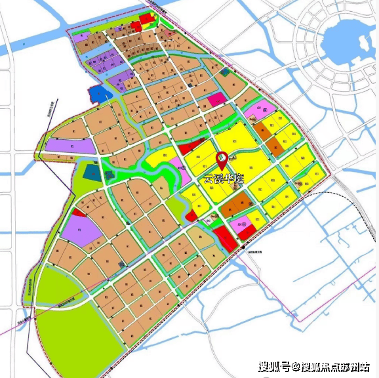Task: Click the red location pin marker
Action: click(x=222, y=161)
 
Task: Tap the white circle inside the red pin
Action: click(x=222, y=158)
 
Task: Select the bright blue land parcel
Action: click(x=100, y=94)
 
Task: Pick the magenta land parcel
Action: click(x=216, y=100)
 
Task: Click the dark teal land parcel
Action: click(x=92, y=173)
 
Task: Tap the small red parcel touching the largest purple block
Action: click(x=79, y=213)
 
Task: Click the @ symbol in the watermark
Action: click(x=296, y=366)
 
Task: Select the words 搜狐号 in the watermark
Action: click(x=275, y=366)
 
